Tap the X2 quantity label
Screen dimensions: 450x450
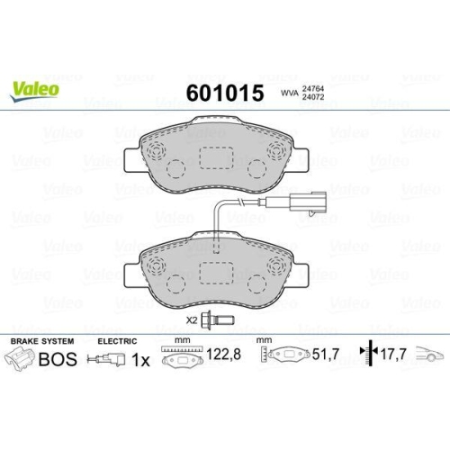point(191,320)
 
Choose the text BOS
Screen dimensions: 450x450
point(59,359)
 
